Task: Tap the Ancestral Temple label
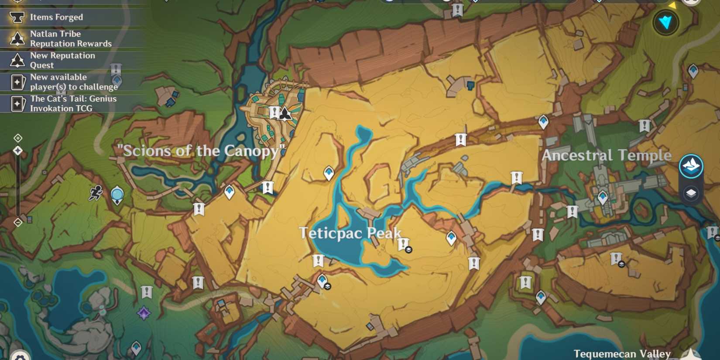[606, 155]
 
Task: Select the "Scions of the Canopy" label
[201, 151]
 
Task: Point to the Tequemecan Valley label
[622, 353]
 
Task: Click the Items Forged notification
[56, 17]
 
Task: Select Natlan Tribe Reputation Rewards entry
[70, 39]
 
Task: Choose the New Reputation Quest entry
[62, 60]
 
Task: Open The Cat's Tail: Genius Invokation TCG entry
[73, 103]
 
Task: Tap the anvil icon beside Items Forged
[17, 17]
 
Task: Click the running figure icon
[96, 193]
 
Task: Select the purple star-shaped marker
[144, 313]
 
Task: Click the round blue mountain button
[691, 166]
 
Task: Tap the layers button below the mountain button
[691, 193]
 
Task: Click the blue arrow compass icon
[666, 22]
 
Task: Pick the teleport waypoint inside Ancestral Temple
[603, 198]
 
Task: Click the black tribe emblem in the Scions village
[285, 113]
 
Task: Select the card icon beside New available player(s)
[18, 82]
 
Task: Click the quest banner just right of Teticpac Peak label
[404, 244]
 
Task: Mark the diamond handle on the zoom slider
[18, 151]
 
